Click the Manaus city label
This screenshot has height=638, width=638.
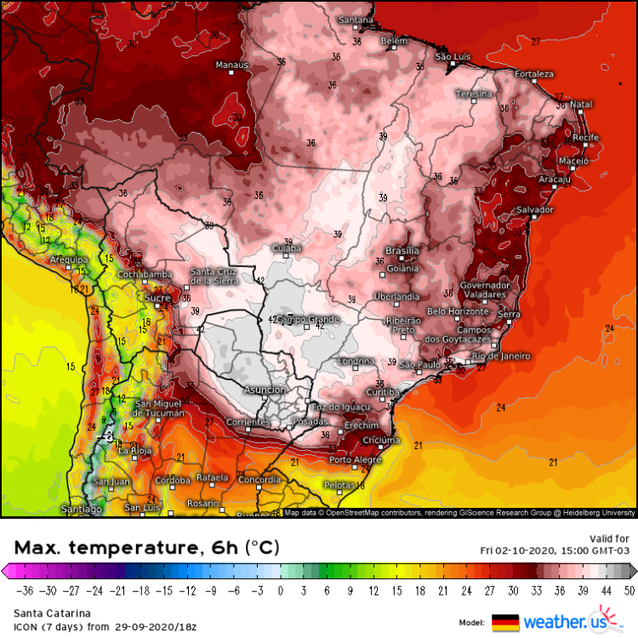231,65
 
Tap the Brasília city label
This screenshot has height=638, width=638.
402,251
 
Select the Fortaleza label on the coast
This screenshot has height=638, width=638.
533,74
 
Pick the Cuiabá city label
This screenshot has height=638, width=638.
287,248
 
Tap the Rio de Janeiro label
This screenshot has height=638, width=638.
501,356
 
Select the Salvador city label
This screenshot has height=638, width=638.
535,209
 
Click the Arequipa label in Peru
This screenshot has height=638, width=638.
70,259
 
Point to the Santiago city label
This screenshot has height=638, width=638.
82,509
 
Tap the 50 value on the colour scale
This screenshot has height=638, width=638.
628,588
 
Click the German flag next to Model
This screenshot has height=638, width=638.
505,623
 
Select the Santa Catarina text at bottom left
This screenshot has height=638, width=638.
43,612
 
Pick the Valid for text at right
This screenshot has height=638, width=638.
609,538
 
